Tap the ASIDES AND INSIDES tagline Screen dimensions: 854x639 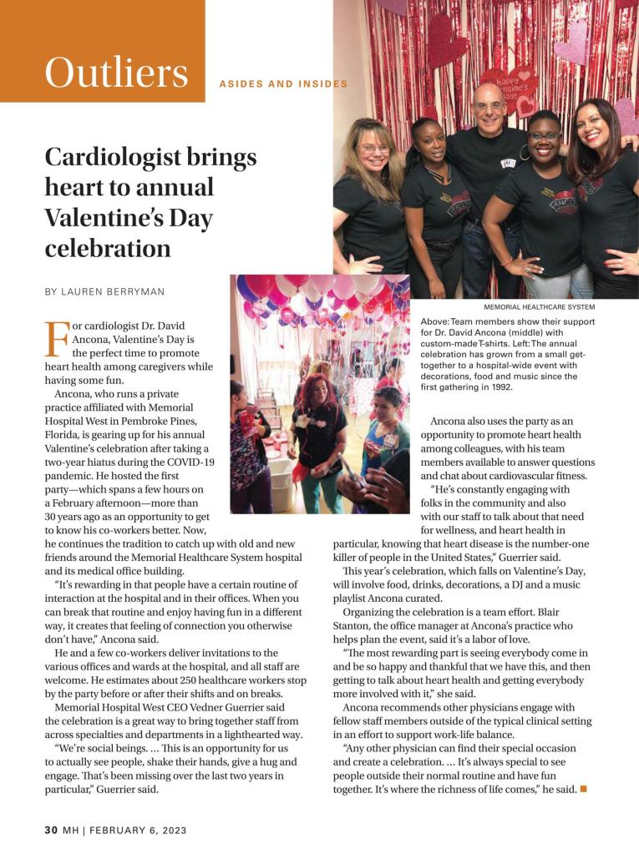click(283, 84)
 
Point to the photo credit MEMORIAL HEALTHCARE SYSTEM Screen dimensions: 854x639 click(539, 307)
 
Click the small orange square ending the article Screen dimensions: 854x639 click(583, 790)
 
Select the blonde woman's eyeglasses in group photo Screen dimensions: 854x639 click(373, 149)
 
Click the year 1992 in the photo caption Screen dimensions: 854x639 click(487, 387)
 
